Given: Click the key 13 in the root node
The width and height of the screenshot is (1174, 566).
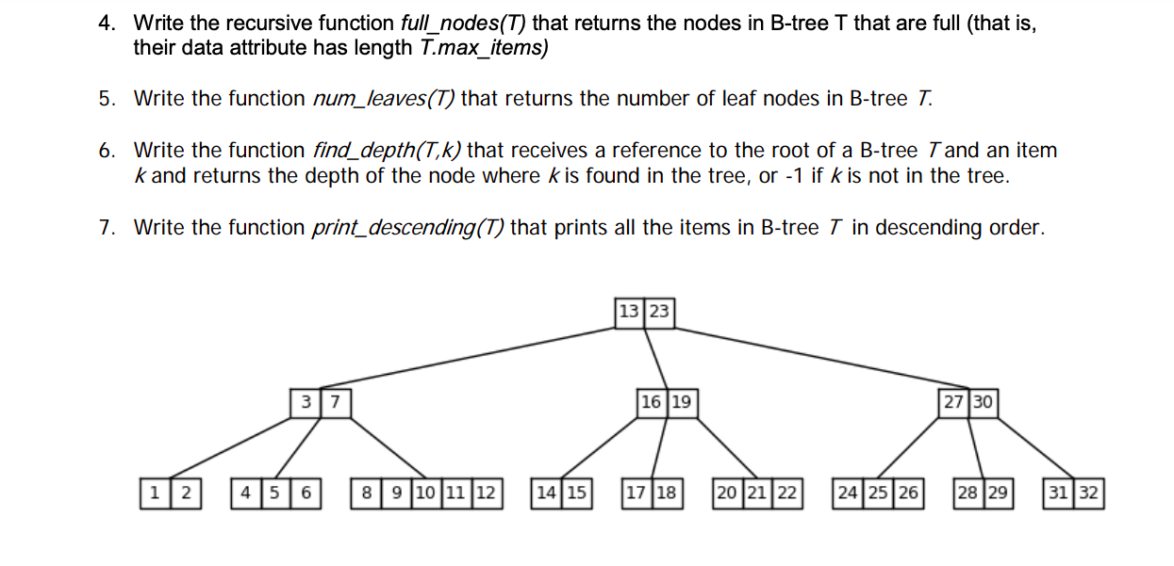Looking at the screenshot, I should point(629,311).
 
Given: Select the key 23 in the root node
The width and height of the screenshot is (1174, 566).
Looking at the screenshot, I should point(659,311).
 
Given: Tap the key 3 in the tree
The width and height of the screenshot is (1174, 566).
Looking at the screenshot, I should point(306,402).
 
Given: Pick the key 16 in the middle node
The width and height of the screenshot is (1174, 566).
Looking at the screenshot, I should point(651,402).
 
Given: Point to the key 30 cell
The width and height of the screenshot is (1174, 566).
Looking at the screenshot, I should point(983,402).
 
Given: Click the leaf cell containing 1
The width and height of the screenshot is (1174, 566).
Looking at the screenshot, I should point(155,493).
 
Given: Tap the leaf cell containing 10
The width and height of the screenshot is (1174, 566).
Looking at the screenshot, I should point(424,493).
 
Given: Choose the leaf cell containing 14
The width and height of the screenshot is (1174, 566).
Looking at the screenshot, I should point(546,493).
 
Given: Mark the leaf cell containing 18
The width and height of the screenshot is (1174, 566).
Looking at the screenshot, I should point(667,493).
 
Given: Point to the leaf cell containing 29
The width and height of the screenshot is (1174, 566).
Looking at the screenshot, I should point(999,493).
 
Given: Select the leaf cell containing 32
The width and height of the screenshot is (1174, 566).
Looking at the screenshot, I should point(1089,493).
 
